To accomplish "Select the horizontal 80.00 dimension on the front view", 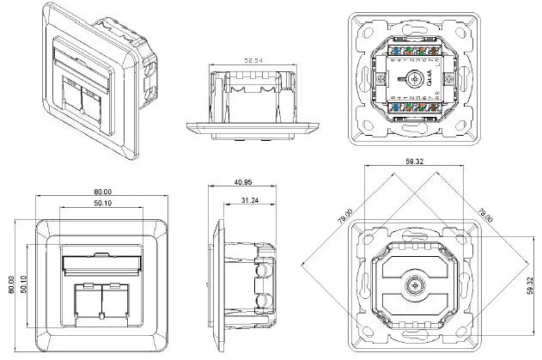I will coord(103,192).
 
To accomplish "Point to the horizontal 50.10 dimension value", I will coord(103,203).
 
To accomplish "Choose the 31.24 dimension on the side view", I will coord(250,200).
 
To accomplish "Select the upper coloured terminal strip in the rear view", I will coord(417,52).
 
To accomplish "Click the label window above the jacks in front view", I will coord(101,263).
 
